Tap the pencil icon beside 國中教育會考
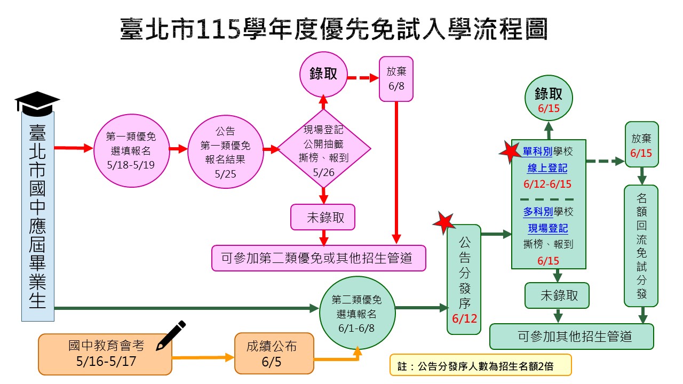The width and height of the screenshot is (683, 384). coord(171,335)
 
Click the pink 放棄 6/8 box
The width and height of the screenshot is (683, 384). coord(396,78)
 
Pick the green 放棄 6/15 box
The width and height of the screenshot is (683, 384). coord(641,145)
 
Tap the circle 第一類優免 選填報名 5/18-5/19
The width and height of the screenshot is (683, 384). coord(131,150)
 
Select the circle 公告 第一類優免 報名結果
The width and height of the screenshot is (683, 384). coord(225,151)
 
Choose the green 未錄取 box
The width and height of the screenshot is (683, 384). coord(557,295)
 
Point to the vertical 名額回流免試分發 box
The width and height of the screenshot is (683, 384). coord(641,245)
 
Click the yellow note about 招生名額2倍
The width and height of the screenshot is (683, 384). coord(480,366)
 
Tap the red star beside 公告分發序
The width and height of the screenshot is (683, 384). coord(443,223)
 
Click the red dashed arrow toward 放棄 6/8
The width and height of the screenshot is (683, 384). coord(363,78)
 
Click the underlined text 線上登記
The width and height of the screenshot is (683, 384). coord(547,169)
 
